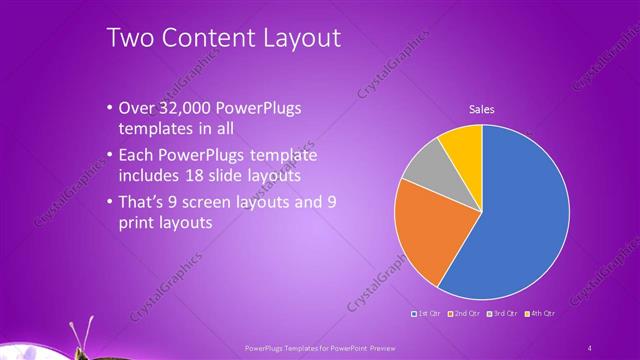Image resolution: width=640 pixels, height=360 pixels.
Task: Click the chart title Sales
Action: [482, 110]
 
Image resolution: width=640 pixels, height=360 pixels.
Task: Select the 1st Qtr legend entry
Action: [429, 313]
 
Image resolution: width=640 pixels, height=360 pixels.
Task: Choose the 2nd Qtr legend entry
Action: [466, 313]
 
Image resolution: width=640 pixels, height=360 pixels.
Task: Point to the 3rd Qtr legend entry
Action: [502, 313]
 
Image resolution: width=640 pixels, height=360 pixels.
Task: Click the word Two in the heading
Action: [132, 38]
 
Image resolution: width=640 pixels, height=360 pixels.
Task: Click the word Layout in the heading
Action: [305, 38]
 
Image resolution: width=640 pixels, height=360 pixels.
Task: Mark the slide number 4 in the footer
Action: [590, 347]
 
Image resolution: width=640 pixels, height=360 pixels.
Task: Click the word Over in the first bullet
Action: [135, 107]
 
